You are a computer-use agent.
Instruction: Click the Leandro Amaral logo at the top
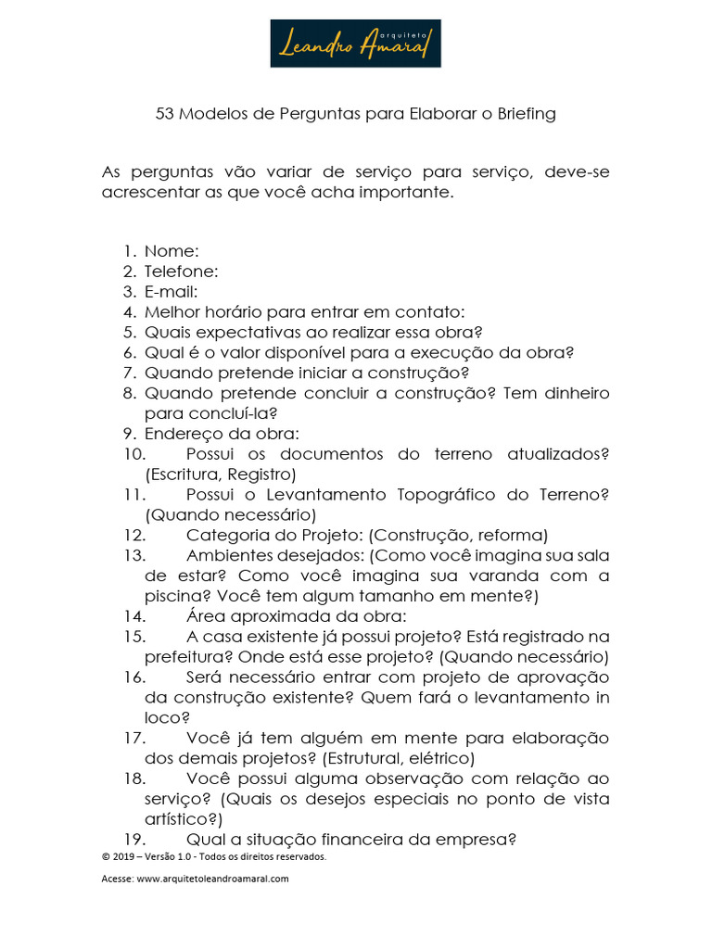[x=355, y=44]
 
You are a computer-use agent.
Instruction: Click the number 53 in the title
[x=165, y=114]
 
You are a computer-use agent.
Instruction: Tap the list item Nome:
[x=172, y=250]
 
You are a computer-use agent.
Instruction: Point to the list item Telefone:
[x=182, y=271]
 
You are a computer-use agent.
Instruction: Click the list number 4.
[x=128, y=311]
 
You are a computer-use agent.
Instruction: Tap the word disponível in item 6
[x=284, y=352]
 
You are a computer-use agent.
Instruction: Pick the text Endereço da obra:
[x=222, y=433]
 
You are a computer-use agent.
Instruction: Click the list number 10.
[x=133, y=454]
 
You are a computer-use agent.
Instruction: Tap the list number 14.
[x=133, y=616]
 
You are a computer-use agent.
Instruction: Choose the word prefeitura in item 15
[x=184, y=657]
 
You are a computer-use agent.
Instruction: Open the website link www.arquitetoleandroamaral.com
[x=212, y=879]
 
